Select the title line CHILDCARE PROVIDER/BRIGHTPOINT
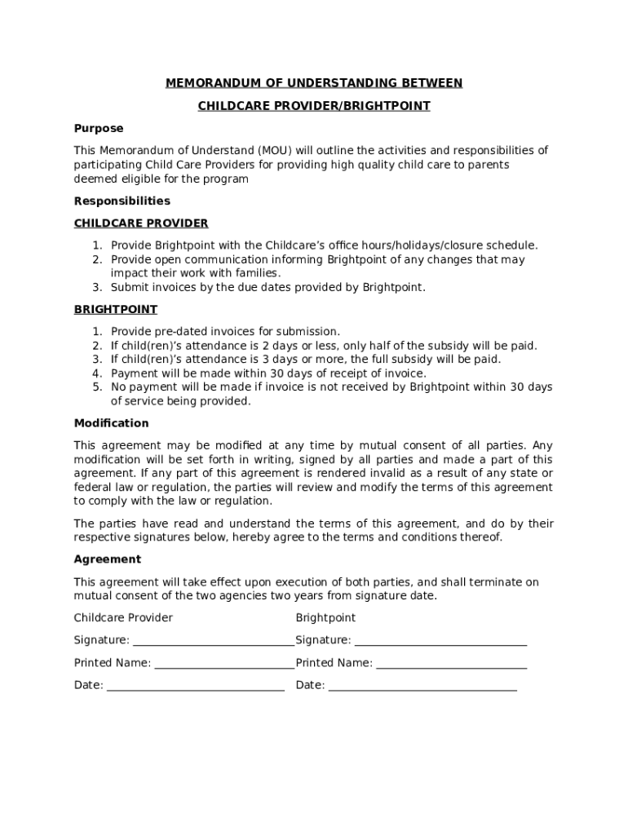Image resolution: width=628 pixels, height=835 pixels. (314, 106)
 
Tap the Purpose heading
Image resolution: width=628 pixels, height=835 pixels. (99, 128)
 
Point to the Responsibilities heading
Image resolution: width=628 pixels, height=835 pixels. (122, 201)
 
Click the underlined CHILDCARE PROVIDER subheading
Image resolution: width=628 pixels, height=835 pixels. (141, 223)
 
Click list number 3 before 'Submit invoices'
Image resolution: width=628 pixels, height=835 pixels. (95, 287)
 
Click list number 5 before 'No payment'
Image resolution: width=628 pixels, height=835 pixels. (95, 387)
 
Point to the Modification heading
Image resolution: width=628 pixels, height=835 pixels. (112, 423)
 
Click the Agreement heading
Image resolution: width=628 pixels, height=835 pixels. (108, 559)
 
